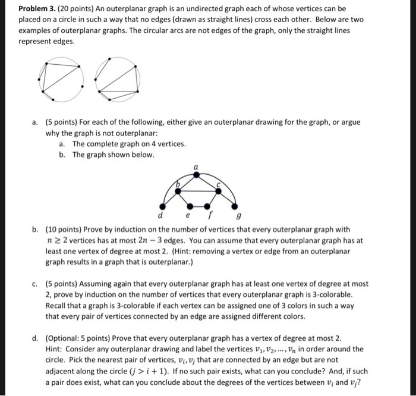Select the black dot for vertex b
click(x=177, y=188)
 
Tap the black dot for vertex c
click(x=219, y=188)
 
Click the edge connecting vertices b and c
click(x=198, y=188)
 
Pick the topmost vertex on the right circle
click(x=111, y=59)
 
